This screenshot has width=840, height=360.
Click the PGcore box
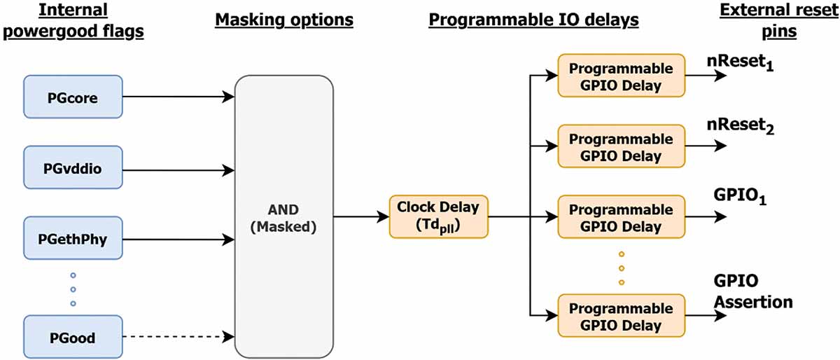[x=73, y=97]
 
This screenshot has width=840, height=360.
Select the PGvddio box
[x=73, y=167]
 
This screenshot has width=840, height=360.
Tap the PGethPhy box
[x=73, y=238]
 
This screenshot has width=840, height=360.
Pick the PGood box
[x=73, y=337]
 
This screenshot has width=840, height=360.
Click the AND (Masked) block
[x=284, y=216]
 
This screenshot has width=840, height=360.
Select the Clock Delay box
[x=438, y=216]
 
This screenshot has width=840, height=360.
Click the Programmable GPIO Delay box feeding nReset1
[x=622, y=76]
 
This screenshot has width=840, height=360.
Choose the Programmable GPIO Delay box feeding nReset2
[x=622, y=146]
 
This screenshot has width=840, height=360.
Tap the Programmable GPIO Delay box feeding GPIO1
[x=622, y=216]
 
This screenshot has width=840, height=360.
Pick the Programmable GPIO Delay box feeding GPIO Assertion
[x=622, y=316]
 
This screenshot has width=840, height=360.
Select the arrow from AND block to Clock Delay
[x=361, y=216]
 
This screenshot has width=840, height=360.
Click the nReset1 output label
[x=740, y=63]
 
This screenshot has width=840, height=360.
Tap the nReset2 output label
[x=741, y=126]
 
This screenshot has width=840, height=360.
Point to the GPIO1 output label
[x=740, y=196]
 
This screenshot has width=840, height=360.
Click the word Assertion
[x=753, y=302]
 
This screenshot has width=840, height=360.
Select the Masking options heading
[x=284, y=20]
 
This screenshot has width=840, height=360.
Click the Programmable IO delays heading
[x=533, y=20]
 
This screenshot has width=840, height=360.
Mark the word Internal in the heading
[x=73, y=10]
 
